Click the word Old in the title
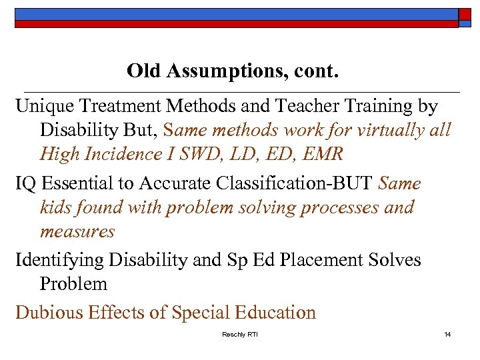[141, 70]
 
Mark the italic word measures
[77, 232]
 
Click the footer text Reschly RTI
[239, 334]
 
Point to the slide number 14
[447, 334]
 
